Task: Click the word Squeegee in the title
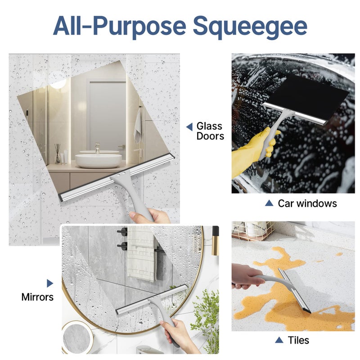(x=250, y=27)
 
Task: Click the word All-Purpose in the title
(x=119, y=27)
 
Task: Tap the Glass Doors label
(x=210, y=131)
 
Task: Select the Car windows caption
(x=307, y=203)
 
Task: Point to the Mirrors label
(x=37, y=297)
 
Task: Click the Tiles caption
(x=298, y=340)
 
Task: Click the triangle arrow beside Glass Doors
(x=189, y=127)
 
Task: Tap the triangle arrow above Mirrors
(x=49, y=283)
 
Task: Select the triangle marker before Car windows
(x=269, y=203)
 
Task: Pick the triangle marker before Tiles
(x=279, y=340)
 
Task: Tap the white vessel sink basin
(x=98, y=160)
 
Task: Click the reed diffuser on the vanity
(x=58, y=154)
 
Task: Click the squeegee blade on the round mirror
(x=151, y=299)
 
